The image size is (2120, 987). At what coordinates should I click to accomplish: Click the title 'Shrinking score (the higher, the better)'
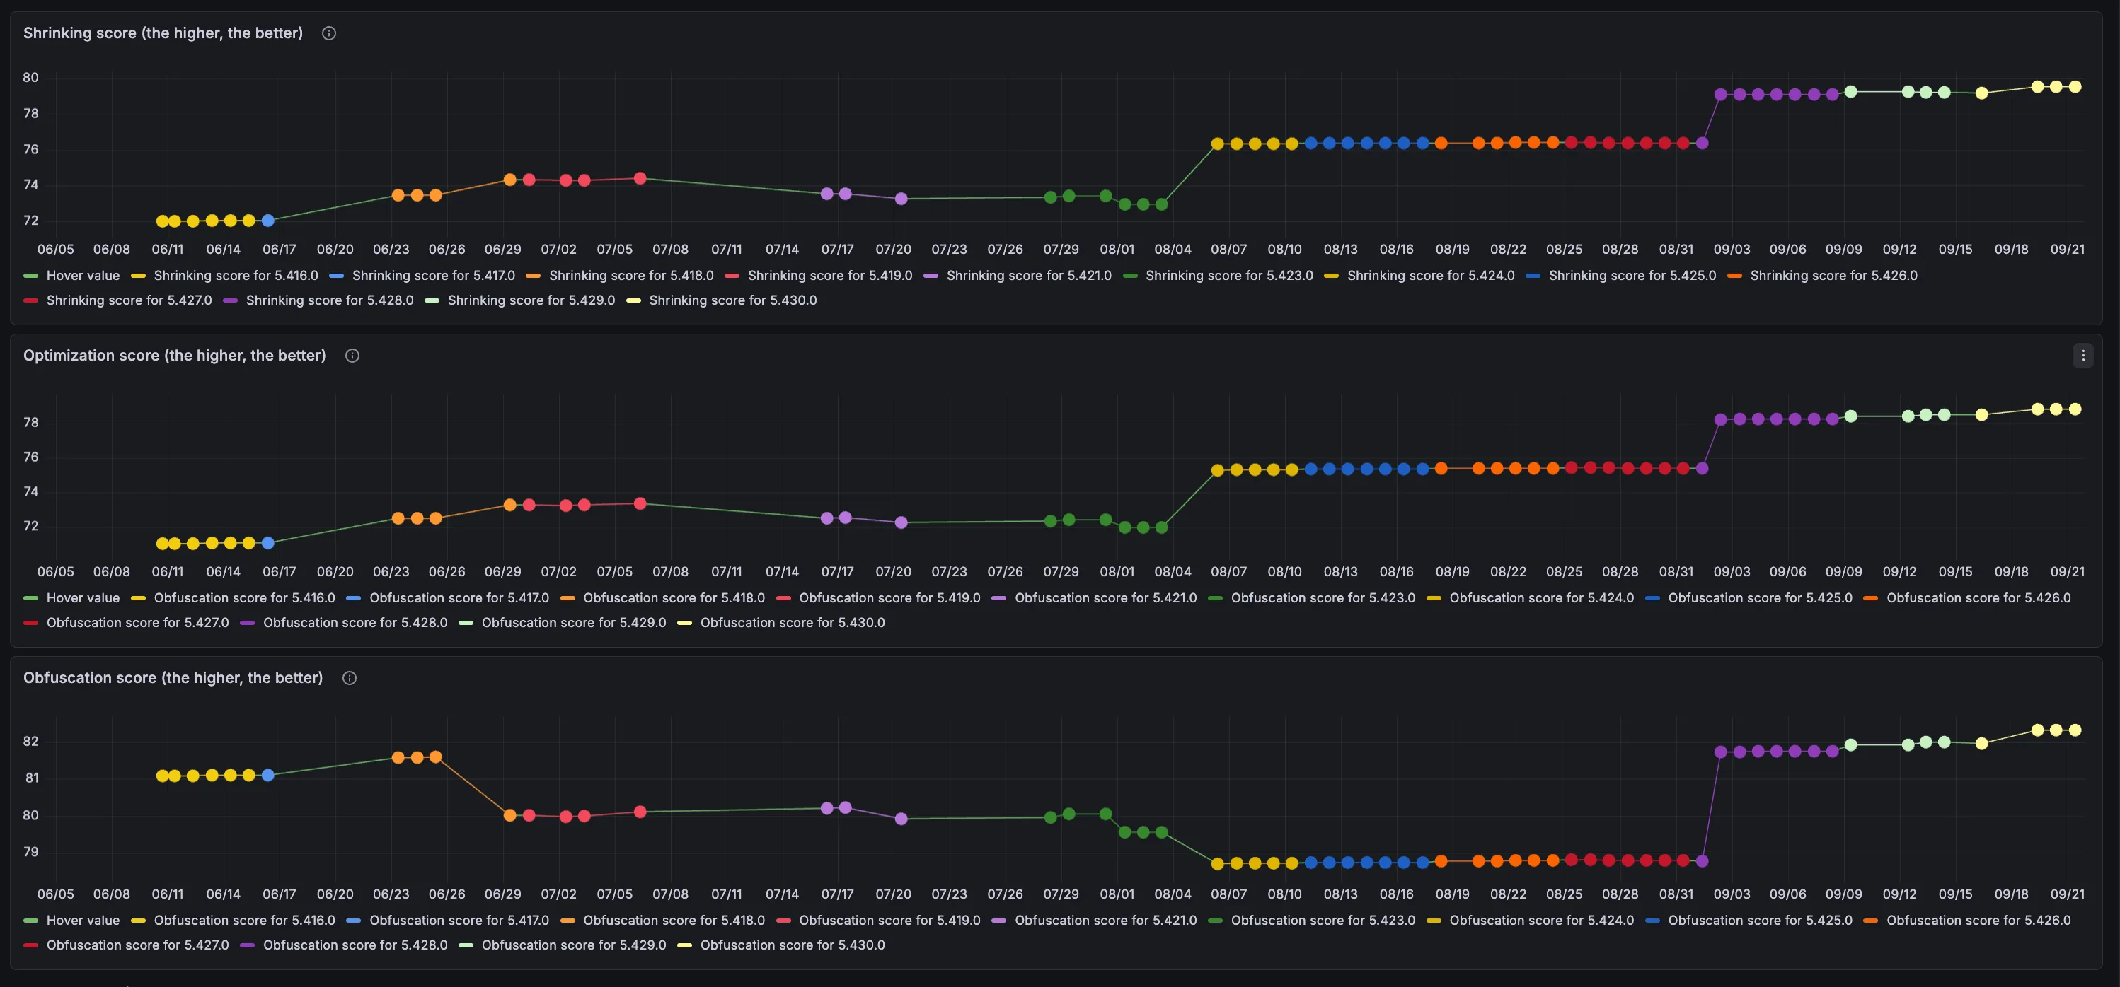(x=163, y=33)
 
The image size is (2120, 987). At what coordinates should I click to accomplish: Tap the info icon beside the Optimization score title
(x=352, y=356)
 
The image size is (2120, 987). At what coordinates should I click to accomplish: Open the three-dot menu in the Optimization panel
(x=2083, y=356)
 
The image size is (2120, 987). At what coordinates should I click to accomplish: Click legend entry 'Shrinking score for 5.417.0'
(x=422, y=276)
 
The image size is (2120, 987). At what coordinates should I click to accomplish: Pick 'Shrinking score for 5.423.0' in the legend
(x=1218, y=276)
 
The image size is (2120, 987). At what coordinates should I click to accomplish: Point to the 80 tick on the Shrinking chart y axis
(x=30, y=77)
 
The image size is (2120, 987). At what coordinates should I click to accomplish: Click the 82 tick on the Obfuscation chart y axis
(x=30, y=741)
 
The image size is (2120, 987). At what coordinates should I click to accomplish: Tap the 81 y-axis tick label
(x=32, y=778)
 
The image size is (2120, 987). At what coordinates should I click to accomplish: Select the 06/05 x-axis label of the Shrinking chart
(x=55, y=249)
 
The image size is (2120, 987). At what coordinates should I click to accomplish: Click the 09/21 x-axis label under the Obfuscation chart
(x=2068, y=894)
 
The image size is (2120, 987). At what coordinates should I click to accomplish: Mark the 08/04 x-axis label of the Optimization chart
(x=1173, y=572)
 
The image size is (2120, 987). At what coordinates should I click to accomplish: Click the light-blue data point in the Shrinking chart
(x=267, y=221)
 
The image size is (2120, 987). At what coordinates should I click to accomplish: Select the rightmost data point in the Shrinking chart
(x=2075, y=86)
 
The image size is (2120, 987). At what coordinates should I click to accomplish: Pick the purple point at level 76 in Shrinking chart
(x=1702, y=143)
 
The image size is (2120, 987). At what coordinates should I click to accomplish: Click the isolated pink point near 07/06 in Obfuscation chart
(x=640, y=812)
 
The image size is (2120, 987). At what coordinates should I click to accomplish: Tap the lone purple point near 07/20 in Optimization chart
(x=901, y=522)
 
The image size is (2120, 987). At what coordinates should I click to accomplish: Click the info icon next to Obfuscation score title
(x=349, y=678)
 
